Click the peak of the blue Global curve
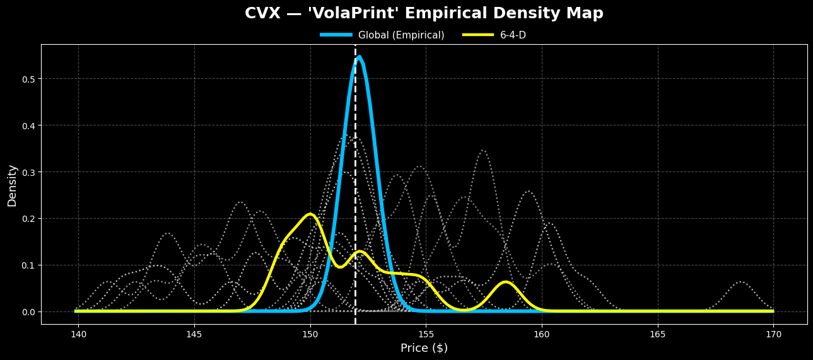[359, 57]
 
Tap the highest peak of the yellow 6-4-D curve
[310, 214]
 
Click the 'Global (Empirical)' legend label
[401, 35]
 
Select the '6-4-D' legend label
[513, 35]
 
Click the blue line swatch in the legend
[336, 35]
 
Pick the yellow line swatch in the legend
[478, 35]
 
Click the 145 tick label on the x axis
[194, 334]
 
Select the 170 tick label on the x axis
[773, 334]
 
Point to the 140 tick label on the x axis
[78, 334]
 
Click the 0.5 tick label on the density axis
[27, 79]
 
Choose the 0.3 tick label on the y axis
[27, 172]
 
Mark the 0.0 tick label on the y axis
[27, 312]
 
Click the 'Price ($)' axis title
[424, 348]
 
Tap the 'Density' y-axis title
[13, 185]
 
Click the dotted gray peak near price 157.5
[483, 151]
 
